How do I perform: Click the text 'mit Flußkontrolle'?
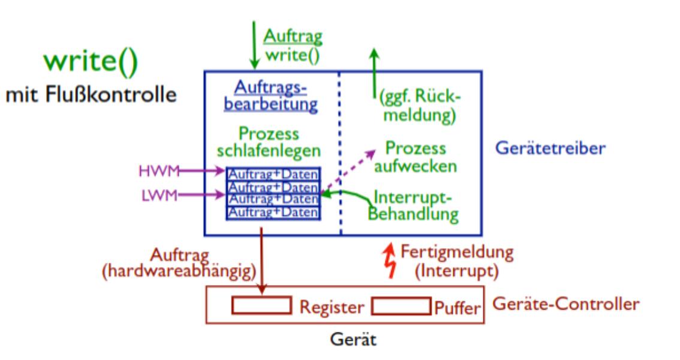(x=91, y=95)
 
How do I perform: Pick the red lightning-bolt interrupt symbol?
(x=391, y=262)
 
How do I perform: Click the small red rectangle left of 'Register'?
(x=261, y=305)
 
